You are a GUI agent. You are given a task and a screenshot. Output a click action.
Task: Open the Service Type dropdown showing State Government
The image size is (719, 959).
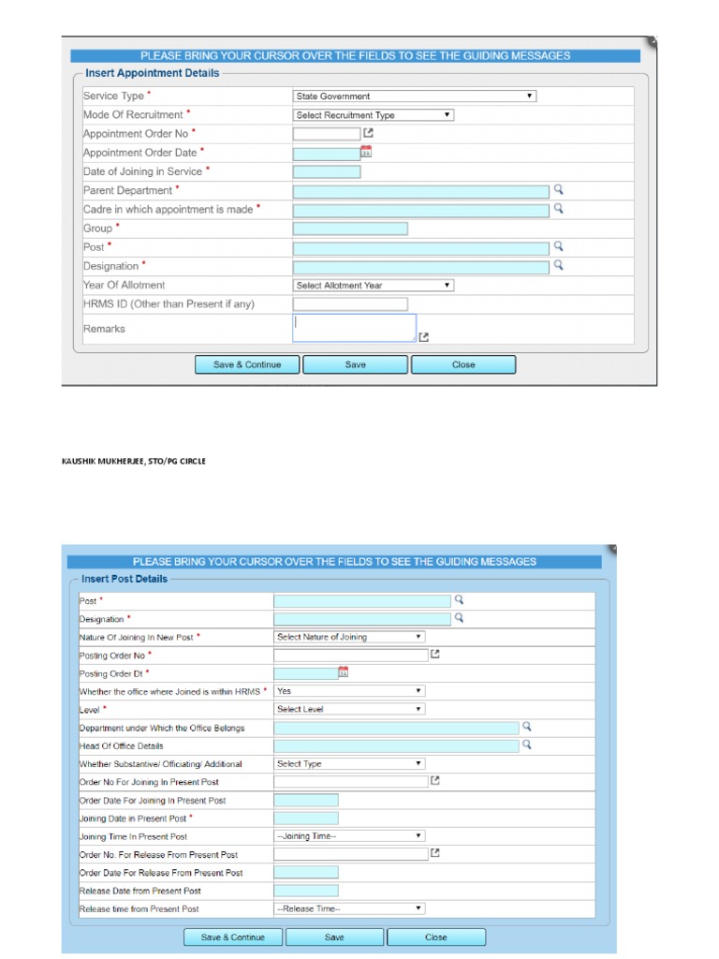point(414,96)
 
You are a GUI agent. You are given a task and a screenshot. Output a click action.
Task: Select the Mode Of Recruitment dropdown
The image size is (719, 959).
point(374,115)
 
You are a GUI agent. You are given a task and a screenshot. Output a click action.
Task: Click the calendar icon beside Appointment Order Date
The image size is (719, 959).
point(366,152)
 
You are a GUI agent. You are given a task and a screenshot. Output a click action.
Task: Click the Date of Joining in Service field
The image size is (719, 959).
point(327,171)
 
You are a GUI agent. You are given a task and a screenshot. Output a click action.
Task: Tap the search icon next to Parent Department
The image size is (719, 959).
point(558,189)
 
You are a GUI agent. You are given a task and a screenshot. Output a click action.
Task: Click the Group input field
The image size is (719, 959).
point(350,229)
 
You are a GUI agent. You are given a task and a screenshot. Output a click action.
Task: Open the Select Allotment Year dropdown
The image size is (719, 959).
point(374,286)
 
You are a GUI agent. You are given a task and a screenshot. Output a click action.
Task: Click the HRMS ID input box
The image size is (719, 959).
point(350,304)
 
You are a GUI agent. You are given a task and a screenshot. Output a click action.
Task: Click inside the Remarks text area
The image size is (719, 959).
point(354,328)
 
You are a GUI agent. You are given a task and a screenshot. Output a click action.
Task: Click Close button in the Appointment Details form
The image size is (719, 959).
point(463,364)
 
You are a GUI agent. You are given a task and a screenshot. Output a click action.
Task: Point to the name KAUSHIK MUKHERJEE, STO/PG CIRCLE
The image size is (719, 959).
point(133,461)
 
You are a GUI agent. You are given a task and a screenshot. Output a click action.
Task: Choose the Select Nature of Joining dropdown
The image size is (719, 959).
point(349,637)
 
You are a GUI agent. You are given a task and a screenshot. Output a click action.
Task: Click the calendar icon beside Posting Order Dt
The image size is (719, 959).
point(344,671)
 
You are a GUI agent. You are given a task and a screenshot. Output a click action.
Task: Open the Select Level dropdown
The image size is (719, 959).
point(349,709)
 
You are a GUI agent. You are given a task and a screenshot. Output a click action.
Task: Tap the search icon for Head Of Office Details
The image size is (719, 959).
point(527,745)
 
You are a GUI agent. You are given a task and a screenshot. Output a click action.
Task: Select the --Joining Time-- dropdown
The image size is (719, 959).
point(349,836)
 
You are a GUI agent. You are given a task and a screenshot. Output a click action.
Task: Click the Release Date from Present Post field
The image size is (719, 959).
point(306,891)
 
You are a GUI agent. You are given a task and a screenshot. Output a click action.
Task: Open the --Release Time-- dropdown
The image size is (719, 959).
point(349,908)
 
